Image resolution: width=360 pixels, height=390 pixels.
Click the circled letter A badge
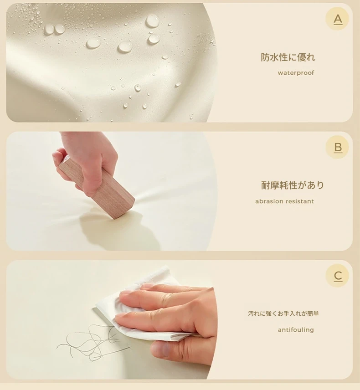337,19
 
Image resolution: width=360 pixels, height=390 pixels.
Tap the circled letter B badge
337,147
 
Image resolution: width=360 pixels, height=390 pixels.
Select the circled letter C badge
337,276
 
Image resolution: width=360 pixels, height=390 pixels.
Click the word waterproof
296,73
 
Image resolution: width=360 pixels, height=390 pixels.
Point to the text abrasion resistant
284,201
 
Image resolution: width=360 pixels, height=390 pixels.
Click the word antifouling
296,330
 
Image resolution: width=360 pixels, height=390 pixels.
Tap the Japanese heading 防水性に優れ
288,57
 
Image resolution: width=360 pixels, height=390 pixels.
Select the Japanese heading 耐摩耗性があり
292,185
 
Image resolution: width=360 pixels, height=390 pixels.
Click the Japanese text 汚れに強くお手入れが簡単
283,313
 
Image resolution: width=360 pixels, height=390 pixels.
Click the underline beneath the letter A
338,25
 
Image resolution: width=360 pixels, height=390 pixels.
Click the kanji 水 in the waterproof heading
274,57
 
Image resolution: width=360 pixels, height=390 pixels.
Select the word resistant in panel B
299,201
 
